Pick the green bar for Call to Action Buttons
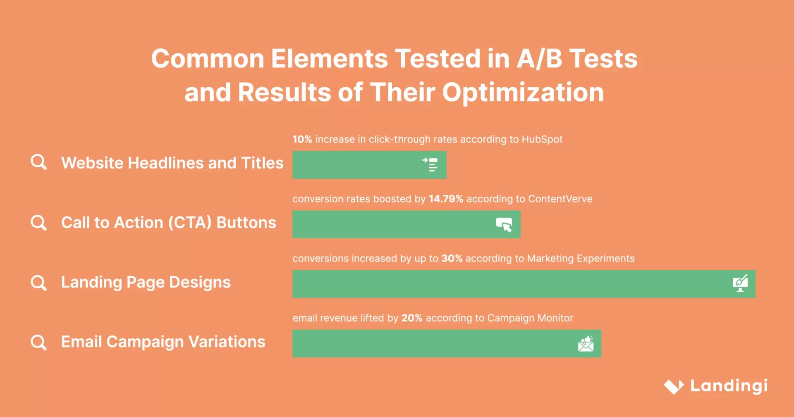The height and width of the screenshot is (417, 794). [x=393, y=224]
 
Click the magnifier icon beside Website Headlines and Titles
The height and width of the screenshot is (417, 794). [x=39, y=162]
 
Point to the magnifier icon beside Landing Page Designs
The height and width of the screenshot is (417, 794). [x=39, y=283]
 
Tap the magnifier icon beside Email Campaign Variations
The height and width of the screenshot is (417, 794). [x=39, y=343]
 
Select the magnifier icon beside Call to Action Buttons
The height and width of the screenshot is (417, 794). [x=39, y=223]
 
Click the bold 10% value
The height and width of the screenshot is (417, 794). [x=302, y=139]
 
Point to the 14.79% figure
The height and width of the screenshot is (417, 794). [x=446, y=199]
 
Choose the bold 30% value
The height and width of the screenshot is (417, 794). [x=452, y=259]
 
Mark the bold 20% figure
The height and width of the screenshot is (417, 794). [x=412, y=318]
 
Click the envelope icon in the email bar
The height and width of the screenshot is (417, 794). [x=586, y=344]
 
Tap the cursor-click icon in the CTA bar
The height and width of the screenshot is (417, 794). [x=504, y=225]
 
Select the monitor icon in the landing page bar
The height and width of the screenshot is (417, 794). [x=740, y=283]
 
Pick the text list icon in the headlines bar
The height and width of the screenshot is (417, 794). [x=430, y=165]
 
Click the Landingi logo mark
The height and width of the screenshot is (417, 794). [x=674, y=386]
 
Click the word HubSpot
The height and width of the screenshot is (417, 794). [x=542, y=139]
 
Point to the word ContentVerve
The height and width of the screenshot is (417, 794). [x=560, y=199]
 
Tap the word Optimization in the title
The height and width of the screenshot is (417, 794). [x=523, y=92]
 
